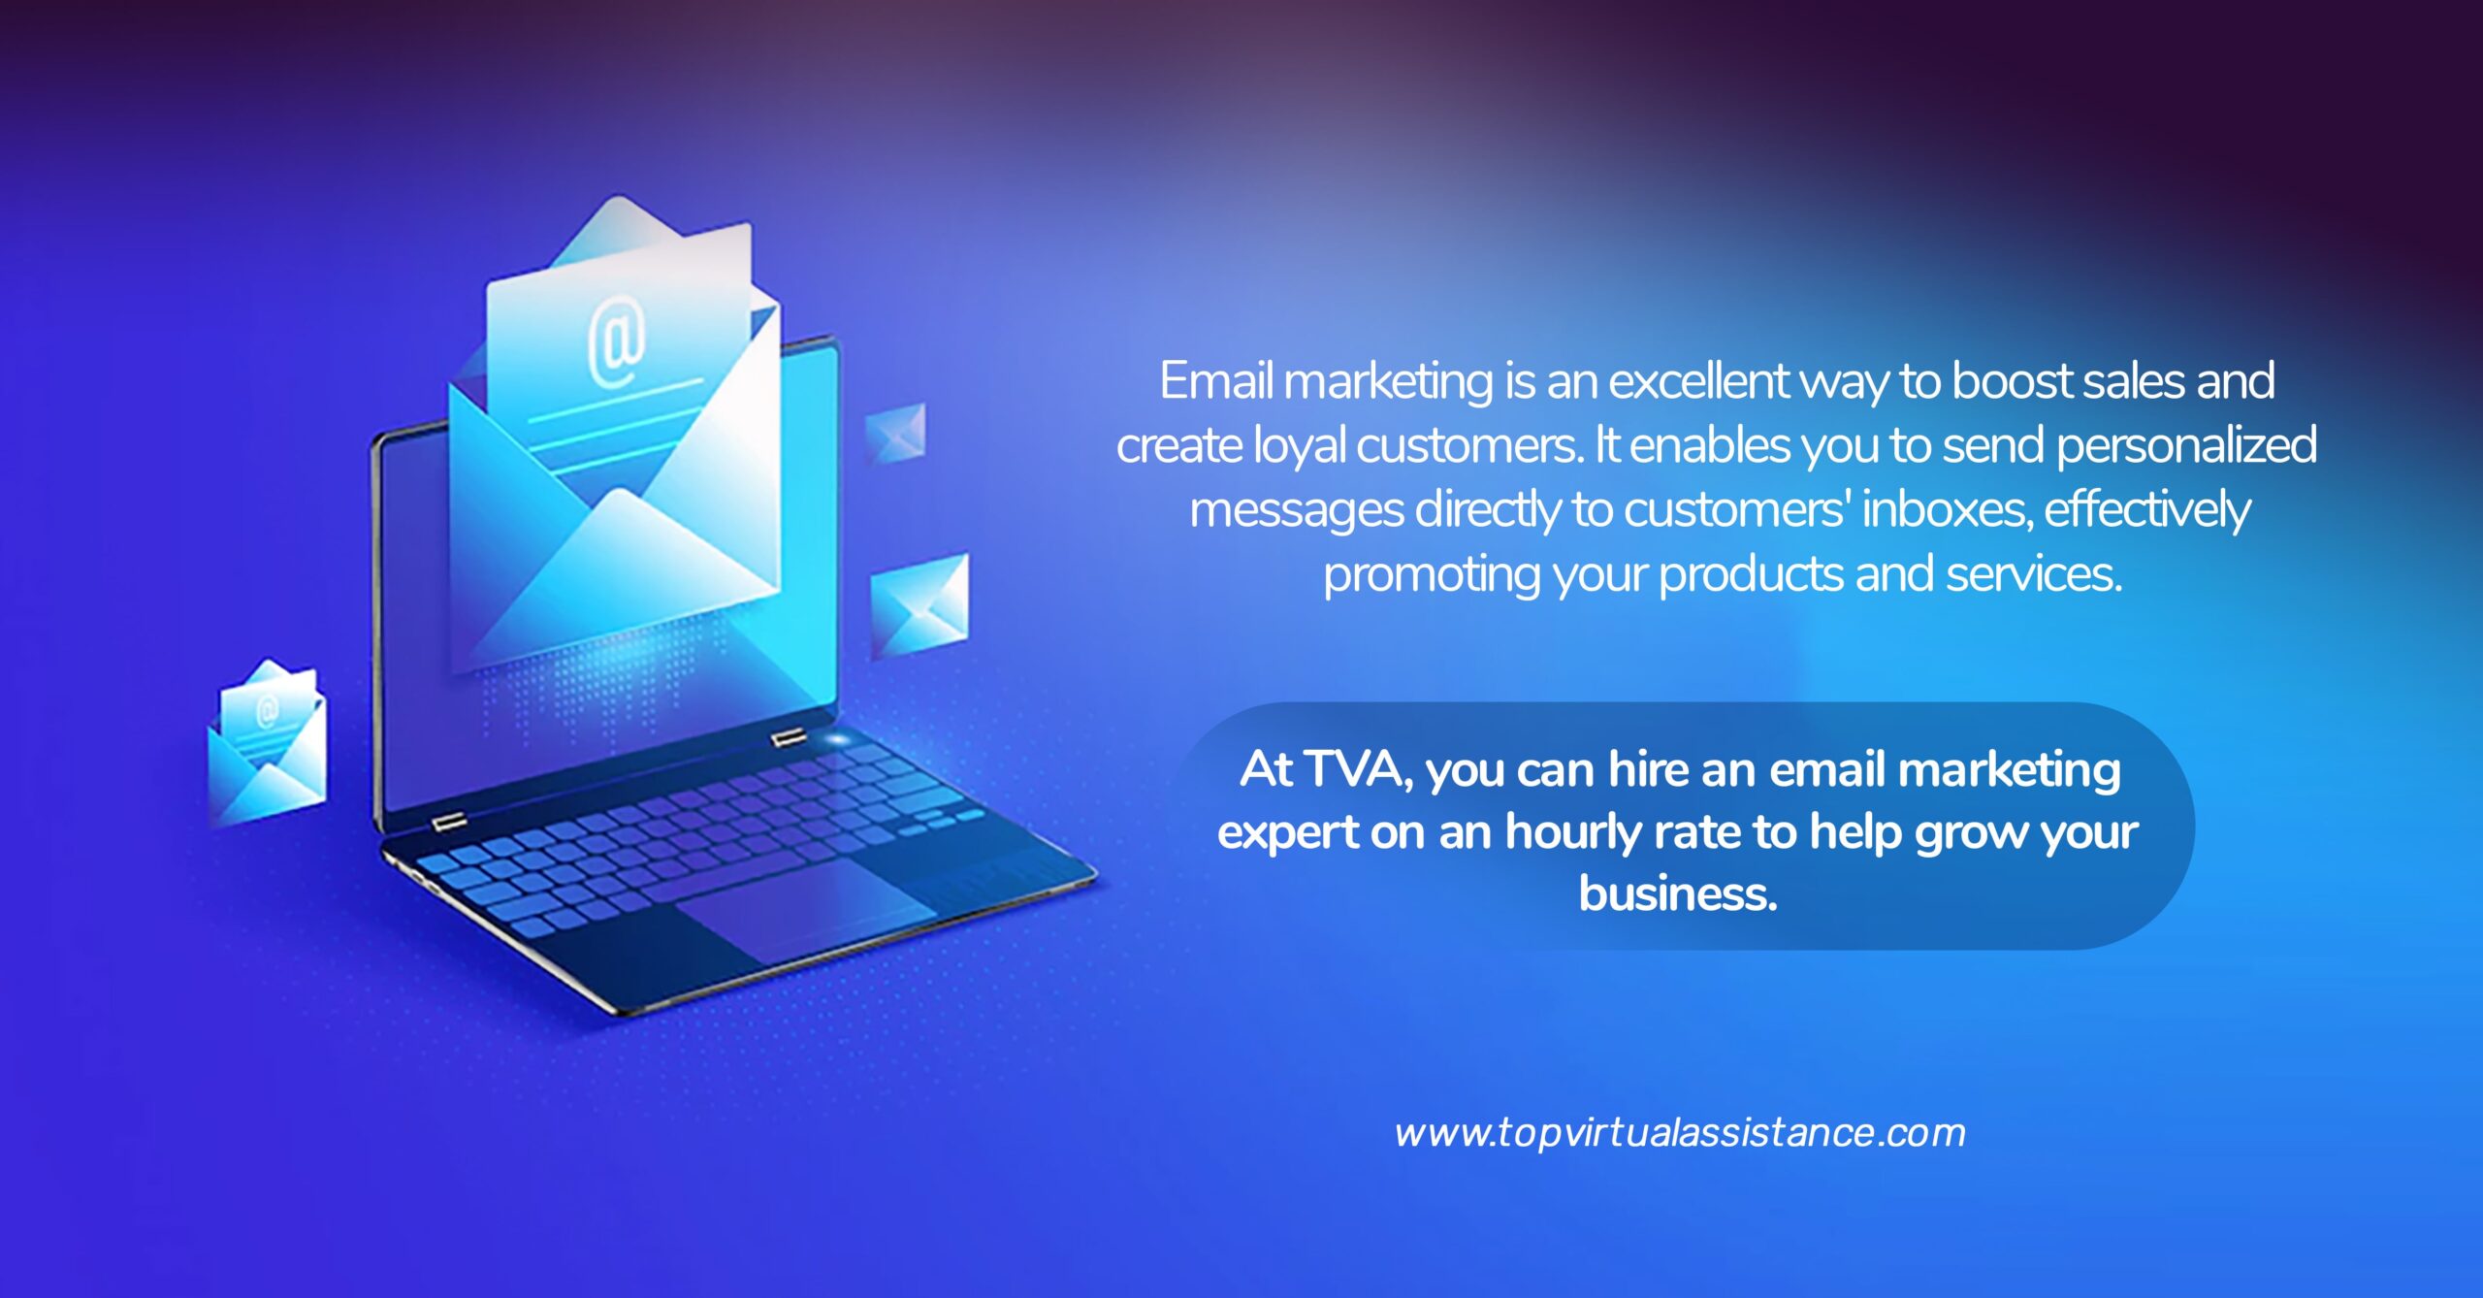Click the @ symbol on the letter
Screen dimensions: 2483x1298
click(617, 343)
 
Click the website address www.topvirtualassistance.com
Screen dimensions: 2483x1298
click(1680, 1132)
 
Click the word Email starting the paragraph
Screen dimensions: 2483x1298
click(1216, 380)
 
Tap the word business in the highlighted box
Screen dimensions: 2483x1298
click(1678, 892)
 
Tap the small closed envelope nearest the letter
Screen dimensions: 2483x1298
click(894, 433)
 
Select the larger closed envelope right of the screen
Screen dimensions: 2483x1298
click(919, 605)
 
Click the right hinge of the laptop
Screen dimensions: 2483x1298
click(789, 738)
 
